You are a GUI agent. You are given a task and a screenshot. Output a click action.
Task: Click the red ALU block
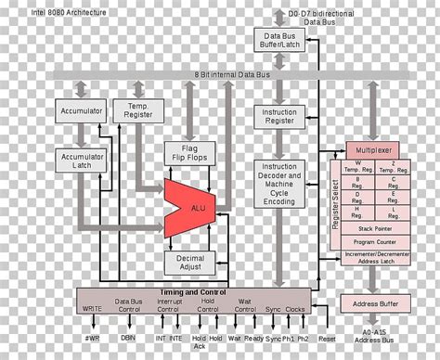189,205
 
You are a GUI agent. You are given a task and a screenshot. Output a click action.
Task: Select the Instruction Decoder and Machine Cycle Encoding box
279,186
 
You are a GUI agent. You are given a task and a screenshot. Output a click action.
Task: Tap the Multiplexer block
377,149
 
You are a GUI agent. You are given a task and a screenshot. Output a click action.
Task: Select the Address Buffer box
377,303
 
